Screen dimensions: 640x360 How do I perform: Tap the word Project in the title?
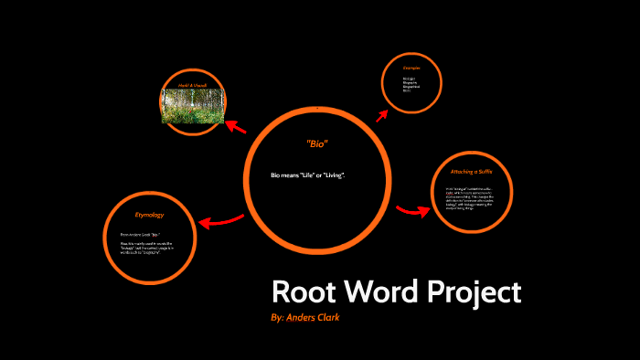tap(473, 292)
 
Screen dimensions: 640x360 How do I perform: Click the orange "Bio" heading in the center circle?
tap(316, 144)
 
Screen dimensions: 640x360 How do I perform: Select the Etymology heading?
tap(149, 215)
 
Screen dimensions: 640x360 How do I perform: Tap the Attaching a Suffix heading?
tap(472, 172)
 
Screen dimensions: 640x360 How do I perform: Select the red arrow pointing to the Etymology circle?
tap(221, 220)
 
